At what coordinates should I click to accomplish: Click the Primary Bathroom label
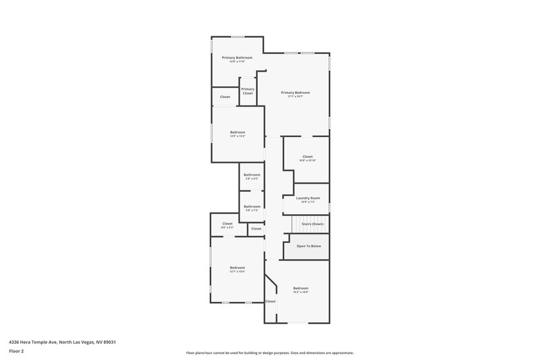[237, 57]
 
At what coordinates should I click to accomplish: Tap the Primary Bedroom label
[296, 93]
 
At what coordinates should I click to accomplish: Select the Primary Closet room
[248, 91]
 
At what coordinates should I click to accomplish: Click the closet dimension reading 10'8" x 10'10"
[307, 161]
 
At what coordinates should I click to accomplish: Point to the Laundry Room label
[307, 198]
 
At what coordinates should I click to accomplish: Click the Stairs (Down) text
[313, 224]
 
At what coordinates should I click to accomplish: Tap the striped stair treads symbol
[297, 224]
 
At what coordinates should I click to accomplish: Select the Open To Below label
[308, 246]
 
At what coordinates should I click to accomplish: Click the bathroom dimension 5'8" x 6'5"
[252, 179]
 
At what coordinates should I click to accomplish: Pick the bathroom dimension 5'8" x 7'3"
[252, 211]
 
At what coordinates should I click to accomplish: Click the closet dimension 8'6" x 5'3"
[227, 228]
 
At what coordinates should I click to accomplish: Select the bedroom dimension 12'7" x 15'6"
[237, 272]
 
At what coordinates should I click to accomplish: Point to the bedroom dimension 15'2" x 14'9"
[300, 292]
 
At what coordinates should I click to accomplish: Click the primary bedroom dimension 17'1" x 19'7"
[296, 97]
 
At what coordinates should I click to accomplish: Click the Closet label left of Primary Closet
[225, 97]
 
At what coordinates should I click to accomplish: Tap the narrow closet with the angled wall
[270, 301]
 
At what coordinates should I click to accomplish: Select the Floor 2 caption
[16, 351]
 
